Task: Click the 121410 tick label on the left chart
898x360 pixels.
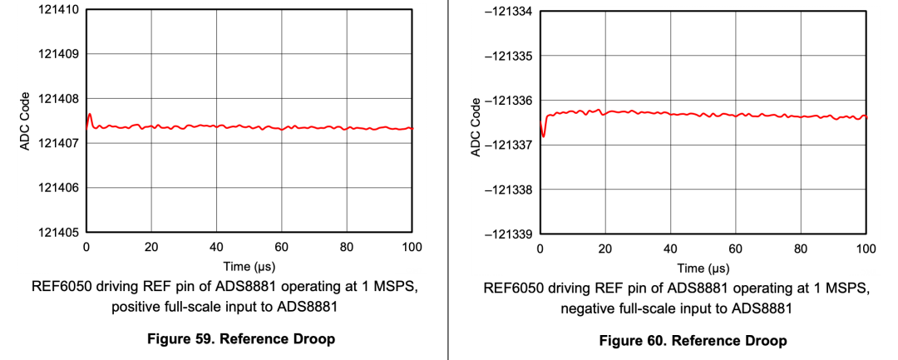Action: click(55, 10)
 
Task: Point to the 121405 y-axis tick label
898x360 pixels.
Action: click(55, 231)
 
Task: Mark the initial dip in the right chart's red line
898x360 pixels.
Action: click(543, 135)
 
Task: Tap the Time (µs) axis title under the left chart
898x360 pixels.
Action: click(249, 267)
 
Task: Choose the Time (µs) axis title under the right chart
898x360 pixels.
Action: click(703, 269)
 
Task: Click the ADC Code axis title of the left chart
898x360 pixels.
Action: click(26, 121)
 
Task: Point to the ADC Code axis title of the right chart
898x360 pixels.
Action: click(476, 123)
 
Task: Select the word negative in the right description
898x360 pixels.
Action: click(588, 308)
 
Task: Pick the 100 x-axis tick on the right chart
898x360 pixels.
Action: click(866, 249)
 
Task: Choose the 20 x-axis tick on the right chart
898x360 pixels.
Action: click(605, 249)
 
